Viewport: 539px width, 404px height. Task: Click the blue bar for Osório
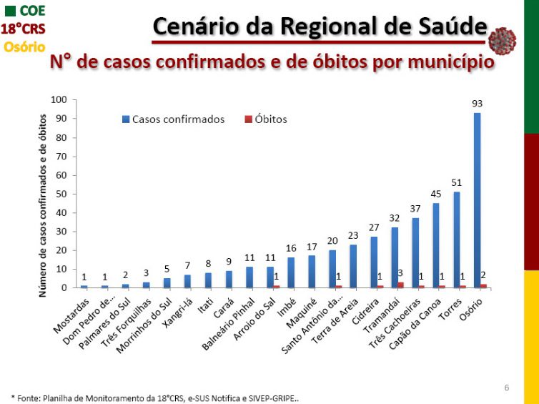pos(477,200)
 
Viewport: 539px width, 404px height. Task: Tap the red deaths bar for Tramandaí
pos(400,285)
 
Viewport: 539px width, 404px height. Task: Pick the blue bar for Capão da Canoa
pos(435,245)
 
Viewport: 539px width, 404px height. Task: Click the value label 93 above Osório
pos(477,104)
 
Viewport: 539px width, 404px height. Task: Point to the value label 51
pos(456,183)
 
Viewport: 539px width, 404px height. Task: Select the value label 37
pos(415,209)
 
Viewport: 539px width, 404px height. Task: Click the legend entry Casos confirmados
pos(178,119)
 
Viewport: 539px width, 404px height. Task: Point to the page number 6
pos(507,388)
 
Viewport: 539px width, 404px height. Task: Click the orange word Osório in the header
pos(24,46)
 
